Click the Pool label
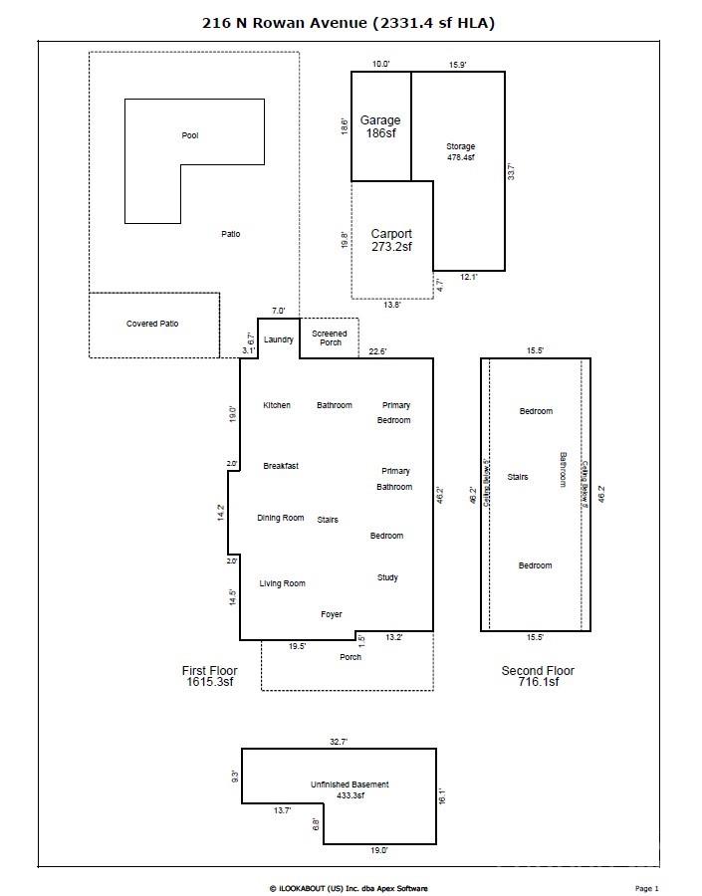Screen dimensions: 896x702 tap(189, 135)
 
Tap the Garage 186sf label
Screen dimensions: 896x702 tap(380, 126)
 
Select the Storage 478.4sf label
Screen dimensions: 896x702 tap(460, 152)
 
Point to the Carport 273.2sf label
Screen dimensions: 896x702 tap(391, 240)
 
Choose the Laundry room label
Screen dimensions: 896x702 tap(279, 339)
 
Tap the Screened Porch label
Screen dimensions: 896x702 tap(330, 338)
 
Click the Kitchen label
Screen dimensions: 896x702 tap(277, 405)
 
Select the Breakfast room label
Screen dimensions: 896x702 tap(281, 466)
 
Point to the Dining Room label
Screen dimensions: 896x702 tap(281, 518)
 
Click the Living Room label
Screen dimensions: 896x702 tap(282, 583)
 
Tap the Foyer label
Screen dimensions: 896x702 tap(332, 614)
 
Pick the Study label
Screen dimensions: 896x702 tap(387, 577)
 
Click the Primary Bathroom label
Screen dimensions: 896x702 tap(394, 479)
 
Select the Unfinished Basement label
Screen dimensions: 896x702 tap(350, 789)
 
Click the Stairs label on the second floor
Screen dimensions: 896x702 tap(518, 477)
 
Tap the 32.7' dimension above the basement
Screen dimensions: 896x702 tap(339, 742)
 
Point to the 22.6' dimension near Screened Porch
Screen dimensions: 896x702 tap(378, 350)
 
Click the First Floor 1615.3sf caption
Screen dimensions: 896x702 tap(207, 676)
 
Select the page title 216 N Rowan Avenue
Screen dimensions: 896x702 tap(350, 23)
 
